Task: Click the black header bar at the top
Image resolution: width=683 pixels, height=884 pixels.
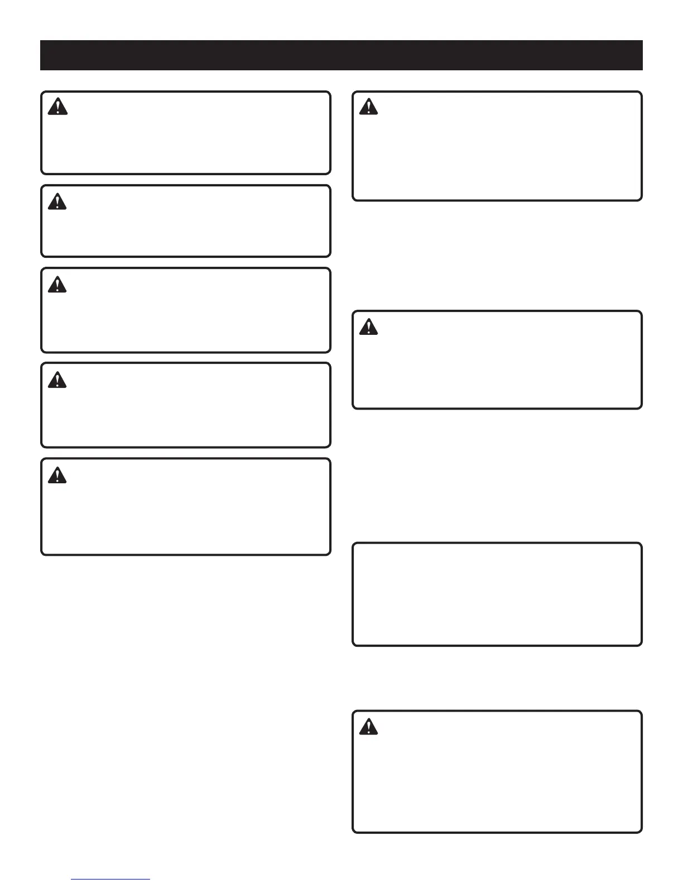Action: pos(341,55)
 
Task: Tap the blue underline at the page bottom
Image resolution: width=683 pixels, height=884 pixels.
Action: pos(110,880)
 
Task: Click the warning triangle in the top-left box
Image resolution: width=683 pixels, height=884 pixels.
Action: pos(57,107)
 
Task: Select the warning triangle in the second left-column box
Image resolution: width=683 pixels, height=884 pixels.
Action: pos(57,201)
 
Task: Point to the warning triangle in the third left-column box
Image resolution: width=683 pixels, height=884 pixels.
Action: pos(57,285)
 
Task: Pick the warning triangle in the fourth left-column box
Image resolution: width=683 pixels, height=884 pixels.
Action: pos(57,380)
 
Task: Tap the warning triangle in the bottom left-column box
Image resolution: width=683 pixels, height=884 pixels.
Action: pos(57,475)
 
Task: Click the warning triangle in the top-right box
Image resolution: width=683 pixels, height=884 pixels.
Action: pos(368,107)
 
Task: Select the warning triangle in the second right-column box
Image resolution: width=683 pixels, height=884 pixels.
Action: pos(368,326)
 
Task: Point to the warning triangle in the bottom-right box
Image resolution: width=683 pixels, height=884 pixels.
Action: pos(368,727)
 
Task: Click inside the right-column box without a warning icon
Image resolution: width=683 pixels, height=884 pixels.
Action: pos(497,594)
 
